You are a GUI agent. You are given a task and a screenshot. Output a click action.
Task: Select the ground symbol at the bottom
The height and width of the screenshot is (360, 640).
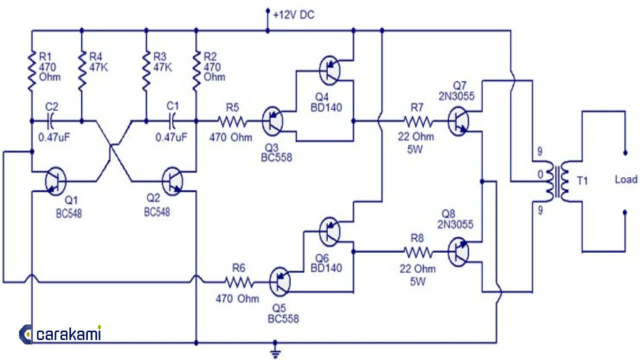[x=274, y=352]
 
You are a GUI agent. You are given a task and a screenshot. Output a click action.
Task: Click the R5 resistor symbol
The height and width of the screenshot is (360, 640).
[x=232, y=120]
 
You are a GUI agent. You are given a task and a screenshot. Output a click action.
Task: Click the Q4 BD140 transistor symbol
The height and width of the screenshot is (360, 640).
[x=329, y=70]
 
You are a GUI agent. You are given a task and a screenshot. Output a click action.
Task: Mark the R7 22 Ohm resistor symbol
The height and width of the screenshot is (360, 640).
[x=417, y=120]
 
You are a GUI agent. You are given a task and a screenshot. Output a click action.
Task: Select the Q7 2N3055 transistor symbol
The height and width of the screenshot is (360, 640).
[x=460, y=120]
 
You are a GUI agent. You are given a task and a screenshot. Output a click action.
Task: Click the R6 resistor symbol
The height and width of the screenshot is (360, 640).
[x=239, y=282]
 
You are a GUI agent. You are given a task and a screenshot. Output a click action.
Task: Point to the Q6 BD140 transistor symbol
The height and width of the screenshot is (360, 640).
[x=329, y=231]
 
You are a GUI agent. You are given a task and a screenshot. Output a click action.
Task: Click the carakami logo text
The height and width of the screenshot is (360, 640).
[x=69, y=334]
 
